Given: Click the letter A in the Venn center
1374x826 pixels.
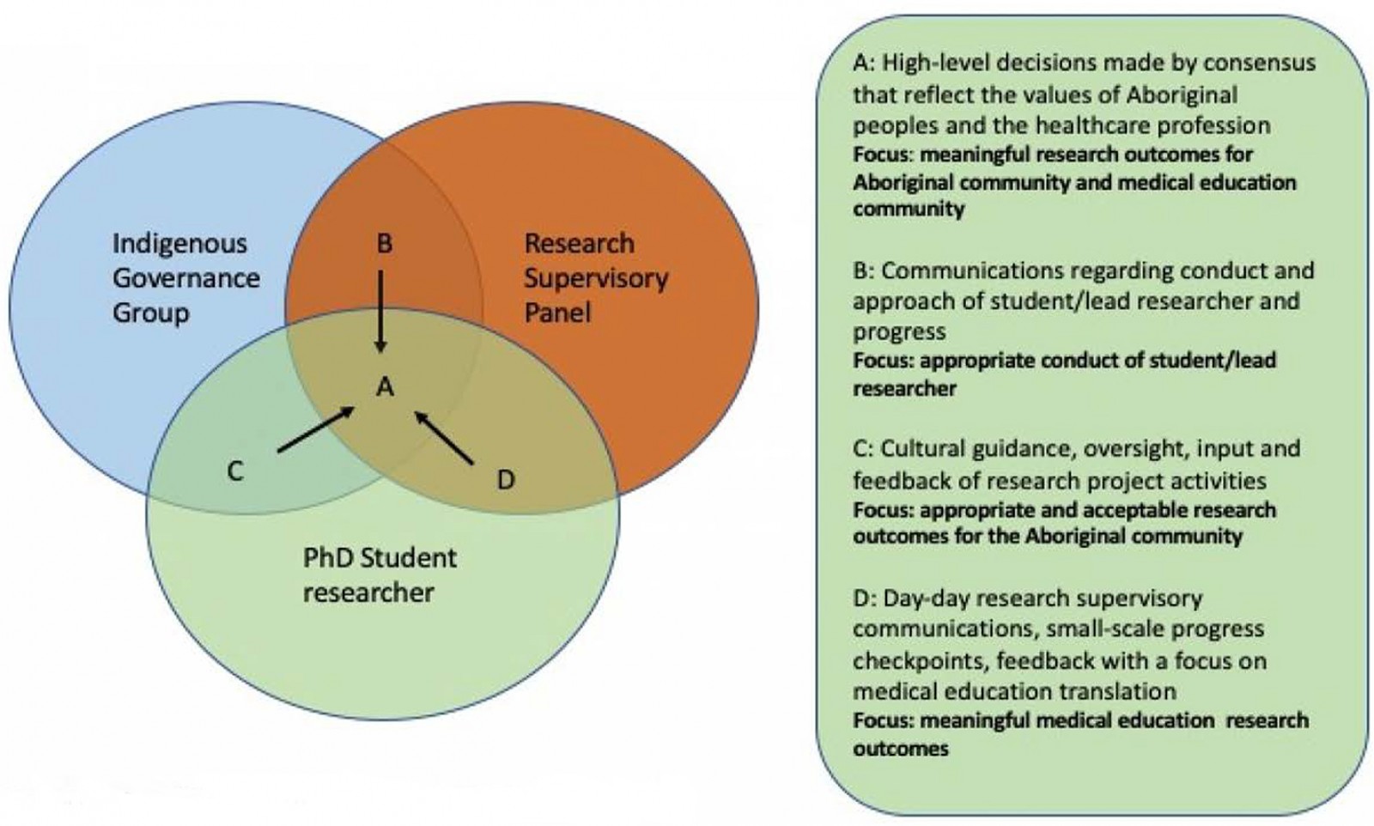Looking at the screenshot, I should point(385,387).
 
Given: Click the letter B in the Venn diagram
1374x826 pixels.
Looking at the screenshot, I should point(384,244).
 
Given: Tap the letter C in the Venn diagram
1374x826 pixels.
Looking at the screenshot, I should point(234,471).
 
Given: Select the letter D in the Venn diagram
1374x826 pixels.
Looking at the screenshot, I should point(506,480).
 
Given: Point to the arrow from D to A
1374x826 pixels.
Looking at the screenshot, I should point(444,438).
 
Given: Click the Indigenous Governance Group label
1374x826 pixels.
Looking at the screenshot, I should point(185,278).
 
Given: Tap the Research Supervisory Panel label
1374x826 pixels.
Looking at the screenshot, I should point(595,278).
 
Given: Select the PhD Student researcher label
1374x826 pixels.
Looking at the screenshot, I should point(379,575).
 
